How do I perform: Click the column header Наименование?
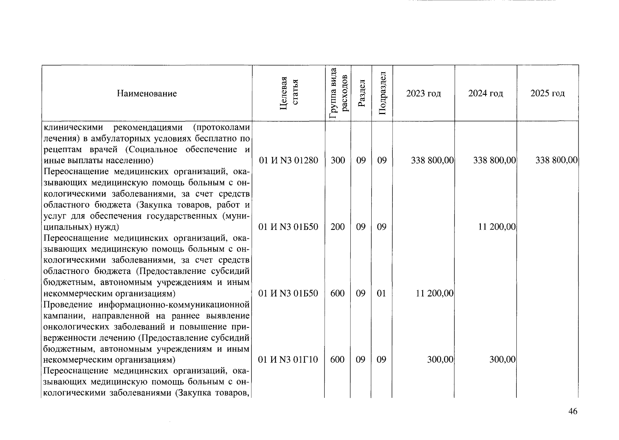point(147,93)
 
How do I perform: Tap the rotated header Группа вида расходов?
point(338,93)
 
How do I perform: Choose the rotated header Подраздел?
point(382,93)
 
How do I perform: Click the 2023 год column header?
point(423,93)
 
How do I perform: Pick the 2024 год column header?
point(486,93)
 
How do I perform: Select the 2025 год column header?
point(548,93)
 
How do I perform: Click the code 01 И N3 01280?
point(288,160)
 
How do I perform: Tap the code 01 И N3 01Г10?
point(288,360)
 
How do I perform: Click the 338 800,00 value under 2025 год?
point(556,160)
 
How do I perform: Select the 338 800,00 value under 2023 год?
point(432,160)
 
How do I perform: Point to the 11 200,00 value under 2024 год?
point(497,227)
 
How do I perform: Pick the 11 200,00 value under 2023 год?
point(435,293)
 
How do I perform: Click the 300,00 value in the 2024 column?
point(502,360)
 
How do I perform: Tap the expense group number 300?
point(338,160)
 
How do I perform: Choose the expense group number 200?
point(338,227)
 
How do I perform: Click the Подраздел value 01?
point(382,293)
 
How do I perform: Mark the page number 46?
point(573,411)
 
